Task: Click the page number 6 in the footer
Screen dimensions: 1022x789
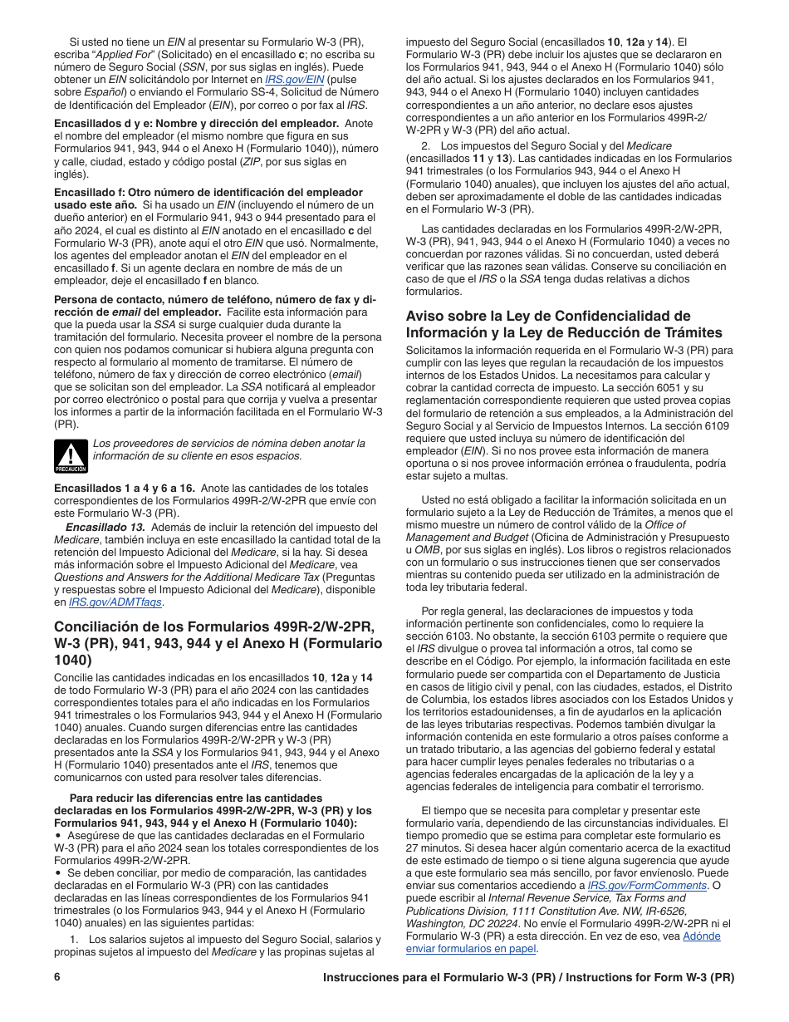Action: pyautogui.click(x=57, y=977)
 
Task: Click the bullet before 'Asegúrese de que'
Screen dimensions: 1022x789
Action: pyautogui.click(x=57, y=836)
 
